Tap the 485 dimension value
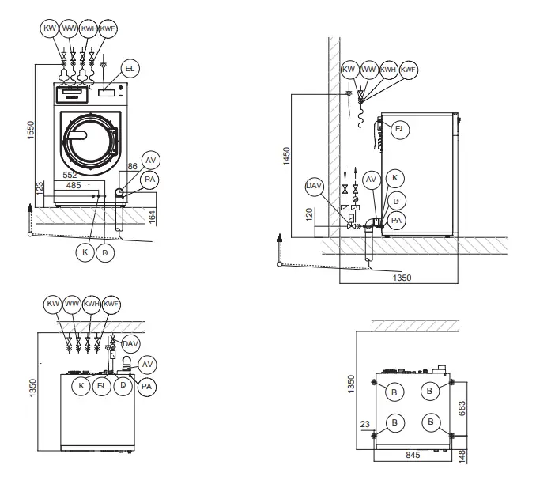[74, 185]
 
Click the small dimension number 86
[131, 168]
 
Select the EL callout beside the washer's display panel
[130, 70]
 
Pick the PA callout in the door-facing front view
[149, 180]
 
